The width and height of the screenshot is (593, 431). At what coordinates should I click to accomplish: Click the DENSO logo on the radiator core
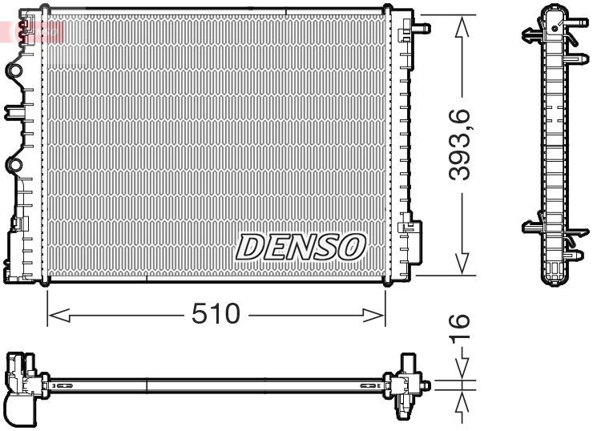(x=301, y=247)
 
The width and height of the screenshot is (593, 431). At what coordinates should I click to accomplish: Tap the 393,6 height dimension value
(x=459, y=146)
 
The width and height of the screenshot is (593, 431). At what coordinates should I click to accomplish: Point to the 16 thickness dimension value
(x=458, y=328)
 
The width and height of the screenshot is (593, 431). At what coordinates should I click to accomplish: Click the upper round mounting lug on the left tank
(x=14, y=71)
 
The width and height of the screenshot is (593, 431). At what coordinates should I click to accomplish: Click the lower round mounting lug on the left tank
(x=14, y=166)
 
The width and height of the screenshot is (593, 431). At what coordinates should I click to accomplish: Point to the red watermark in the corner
(x=32, y=32)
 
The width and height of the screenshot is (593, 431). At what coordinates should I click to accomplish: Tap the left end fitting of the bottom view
(x=22, y=385)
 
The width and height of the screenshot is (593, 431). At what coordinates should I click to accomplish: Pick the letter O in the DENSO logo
(x=351, y=247)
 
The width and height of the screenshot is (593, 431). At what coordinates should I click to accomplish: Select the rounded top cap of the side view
(x=553, y=11)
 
